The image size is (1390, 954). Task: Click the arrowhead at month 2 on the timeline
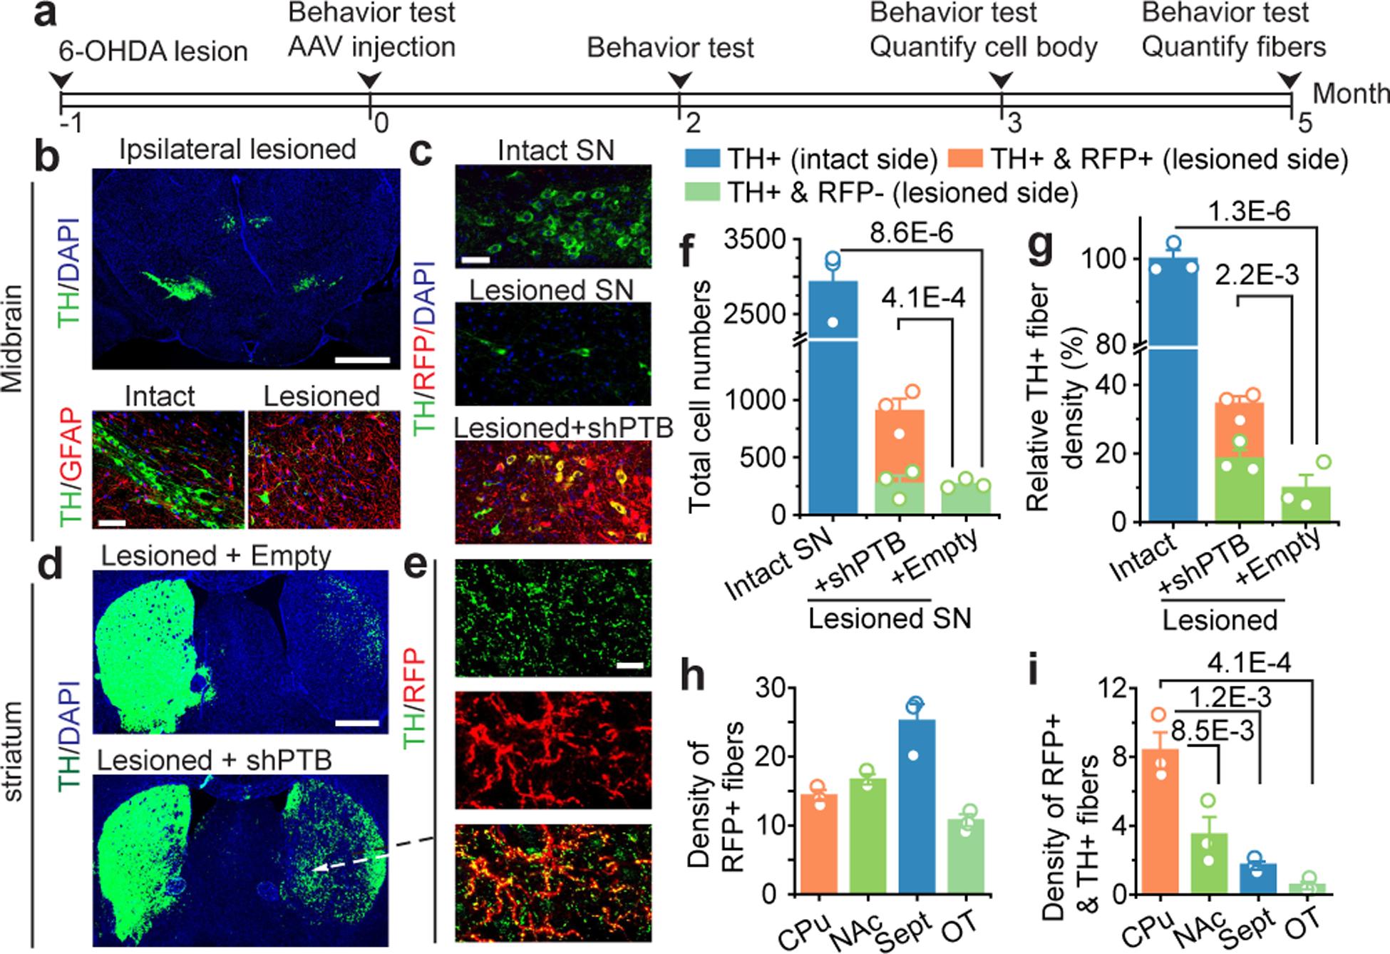tap(679, 80)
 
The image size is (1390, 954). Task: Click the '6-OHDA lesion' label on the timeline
tap(154, 51)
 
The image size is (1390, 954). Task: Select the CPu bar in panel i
tap(1159, 820)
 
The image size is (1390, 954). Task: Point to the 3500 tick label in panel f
tap(756, 240)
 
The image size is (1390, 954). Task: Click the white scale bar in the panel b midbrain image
tap(363, 360)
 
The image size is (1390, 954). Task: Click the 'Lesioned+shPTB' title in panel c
tap(563, 428)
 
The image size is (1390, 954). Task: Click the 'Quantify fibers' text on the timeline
tap(1233, 47)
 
